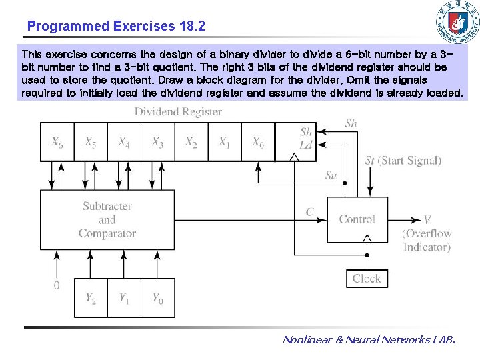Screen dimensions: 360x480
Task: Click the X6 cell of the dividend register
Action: coord(57,142)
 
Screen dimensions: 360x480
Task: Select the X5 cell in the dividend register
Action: coord(91,142)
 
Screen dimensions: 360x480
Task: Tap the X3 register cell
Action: coord(157,142)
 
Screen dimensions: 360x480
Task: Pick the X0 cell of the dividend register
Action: coord(258,142)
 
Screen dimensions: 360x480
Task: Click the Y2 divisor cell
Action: coord(91,298)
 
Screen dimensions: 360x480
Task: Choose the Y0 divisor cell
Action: coord(157,298)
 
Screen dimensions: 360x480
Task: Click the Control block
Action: coord(357,219)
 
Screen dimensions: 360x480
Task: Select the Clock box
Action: coord(366,279)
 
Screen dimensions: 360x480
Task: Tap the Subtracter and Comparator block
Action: coord(107,219)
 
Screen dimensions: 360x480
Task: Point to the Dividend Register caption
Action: coord(177,111)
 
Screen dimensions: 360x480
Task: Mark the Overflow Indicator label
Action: coord(427,240)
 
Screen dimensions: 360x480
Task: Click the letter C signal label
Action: coord(310,212)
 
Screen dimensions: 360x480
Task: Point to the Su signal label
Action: coord(331,175)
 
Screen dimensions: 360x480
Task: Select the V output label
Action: coord(427,219)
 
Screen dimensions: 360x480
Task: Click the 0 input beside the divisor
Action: coord(57,285)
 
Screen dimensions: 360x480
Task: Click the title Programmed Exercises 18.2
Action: coord(116,27)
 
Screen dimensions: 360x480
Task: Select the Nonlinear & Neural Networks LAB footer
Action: coord(369,340)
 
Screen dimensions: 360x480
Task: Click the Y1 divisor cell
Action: coord(124,298)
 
